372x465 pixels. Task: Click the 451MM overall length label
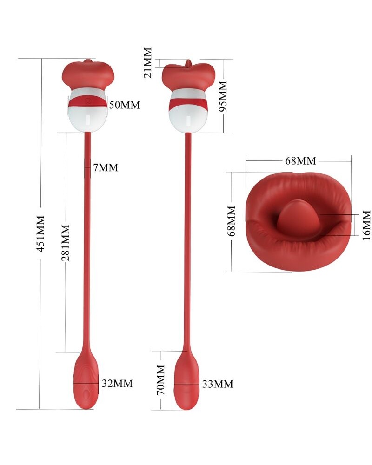point(40,233)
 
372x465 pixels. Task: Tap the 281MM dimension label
point(65,243)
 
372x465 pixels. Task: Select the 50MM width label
point(124,105)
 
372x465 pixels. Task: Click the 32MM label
point(117,384)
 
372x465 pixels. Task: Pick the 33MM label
point(218,384)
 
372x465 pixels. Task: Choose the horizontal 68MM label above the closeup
point(300,161)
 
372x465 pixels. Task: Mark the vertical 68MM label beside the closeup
point(231,221)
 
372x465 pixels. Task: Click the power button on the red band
point(88,100)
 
